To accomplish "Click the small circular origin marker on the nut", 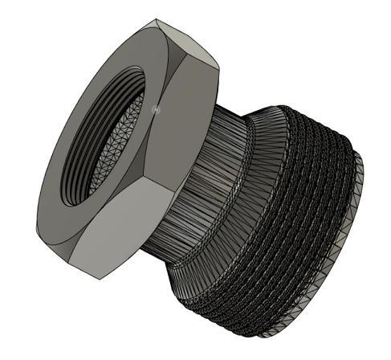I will [x=157, y=106].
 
